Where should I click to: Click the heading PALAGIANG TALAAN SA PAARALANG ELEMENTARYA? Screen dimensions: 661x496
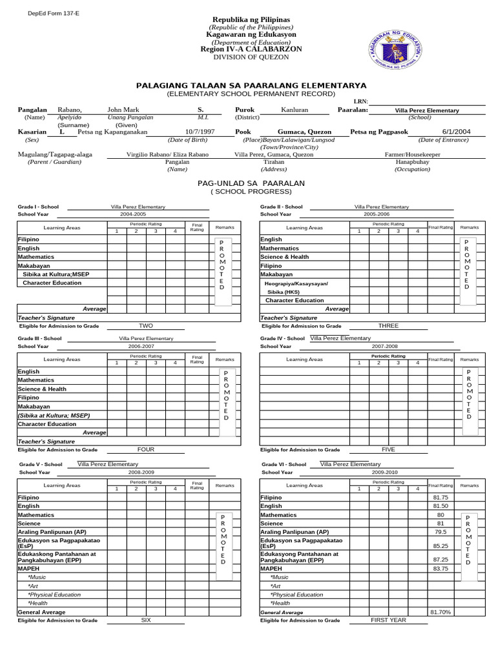[x=251, y=85]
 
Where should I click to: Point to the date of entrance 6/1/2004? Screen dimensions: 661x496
[x=456, y=132]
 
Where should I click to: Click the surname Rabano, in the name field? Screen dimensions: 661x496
[x=70, y=110]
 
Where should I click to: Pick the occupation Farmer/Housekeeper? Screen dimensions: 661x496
[x=412, y=155]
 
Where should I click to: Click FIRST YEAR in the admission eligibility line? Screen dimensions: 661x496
[x=388, y=620]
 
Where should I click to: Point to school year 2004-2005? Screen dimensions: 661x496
[x=133, y=214]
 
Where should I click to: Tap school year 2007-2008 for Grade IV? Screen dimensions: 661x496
[x=380, y=346]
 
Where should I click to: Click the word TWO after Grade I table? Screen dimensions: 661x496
[x=146, y=326]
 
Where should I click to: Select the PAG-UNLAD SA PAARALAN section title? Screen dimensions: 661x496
[x=251, y=184]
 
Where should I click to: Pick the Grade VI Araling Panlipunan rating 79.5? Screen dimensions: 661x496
[x=440, y=532]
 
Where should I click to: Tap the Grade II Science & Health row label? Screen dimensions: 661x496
[x=284, y=257]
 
